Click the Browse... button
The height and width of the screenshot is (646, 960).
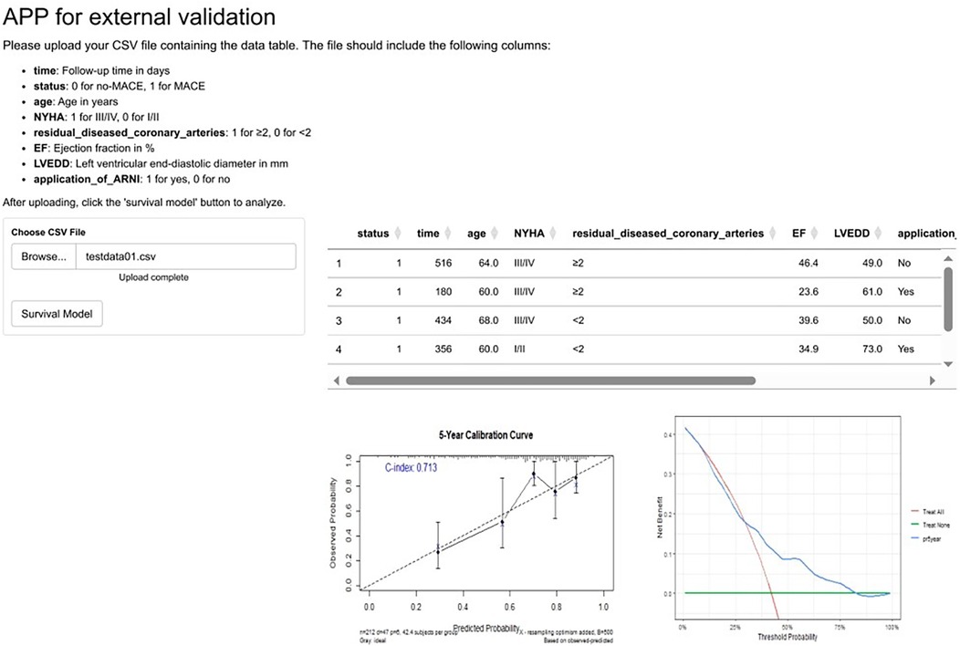click(x=44, y=256)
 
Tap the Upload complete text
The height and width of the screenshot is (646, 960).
click(x=153, y=276)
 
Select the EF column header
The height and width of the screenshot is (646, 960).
click(x=798, y=234)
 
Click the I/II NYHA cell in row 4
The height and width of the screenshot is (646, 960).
click(x=522, y=349)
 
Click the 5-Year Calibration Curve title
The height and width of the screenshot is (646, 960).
click(x=485, y=435)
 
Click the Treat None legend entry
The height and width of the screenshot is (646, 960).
click(x=926, y=526)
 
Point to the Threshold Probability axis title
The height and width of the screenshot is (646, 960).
click(x=787, y=636)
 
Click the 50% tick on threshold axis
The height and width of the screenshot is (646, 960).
click(x=787, y=627)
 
